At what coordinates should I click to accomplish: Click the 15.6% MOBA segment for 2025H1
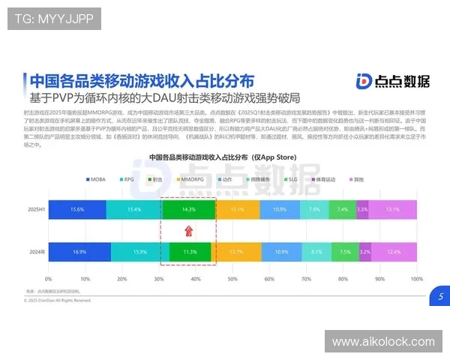(76, 209)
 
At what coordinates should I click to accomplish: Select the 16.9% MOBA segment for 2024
(79, 253)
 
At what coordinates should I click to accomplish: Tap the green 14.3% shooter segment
(188, 209)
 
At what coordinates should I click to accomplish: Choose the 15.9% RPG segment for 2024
(139, 253)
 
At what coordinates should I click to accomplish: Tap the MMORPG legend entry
(190, 180)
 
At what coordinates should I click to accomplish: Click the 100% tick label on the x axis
(415, 278)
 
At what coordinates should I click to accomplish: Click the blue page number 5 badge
(440, 297)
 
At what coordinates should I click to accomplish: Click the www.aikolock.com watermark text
(383, 342)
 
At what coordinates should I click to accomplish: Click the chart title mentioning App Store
(223, 158)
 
